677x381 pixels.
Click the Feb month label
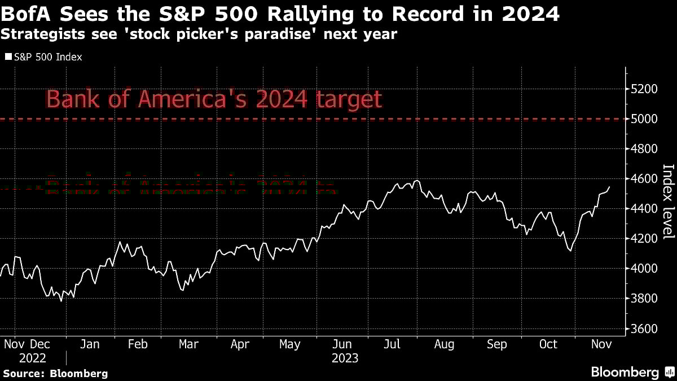pyautogui.click(x=138, y=344)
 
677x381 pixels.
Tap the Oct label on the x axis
pyautogui.click(x=548, y=344)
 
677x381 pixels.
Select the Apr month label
pyautogui.click(x=240, y=344)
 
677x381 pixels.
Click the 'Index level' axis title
pyautogui.click(x=668, y=209)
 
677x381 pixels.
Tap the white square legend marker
pyautogui.click(x=8, y=57)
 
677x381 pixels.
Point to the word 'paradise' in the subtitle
pyautogui.click(x=274, y=34)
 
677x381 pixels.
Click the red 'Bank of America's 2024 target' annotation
pyautogui.click(x=214, y=99)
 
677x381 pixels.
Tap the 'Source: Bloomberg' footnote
pyautogui.click(x=55, y=373)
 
